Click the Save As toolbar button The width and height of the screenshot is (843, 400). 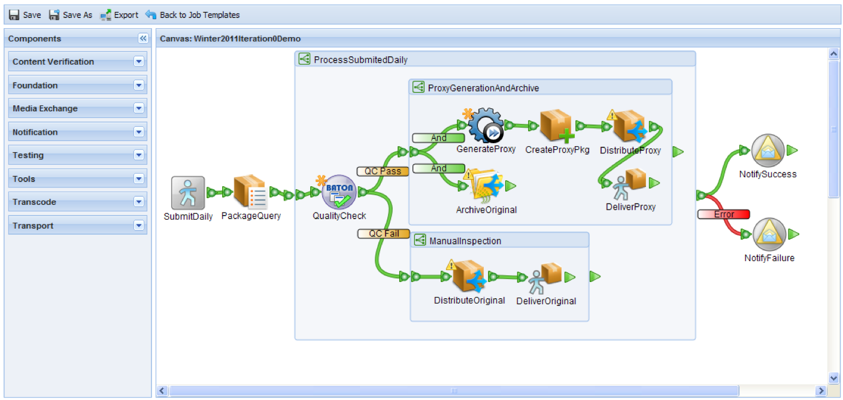[71, 15]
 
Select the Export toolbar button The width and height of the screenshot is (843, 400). [119, 15]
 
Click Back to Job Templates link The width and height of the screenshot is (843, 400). [193, 15]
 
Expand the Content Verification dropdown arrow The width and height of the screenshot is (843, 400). [139, 61]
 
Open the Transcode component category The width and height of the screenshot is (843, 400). [77, 202]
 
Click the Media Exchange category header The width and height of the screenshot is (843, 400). [77, 108]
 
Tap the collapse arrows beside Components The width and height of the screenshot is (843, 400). [143, 38]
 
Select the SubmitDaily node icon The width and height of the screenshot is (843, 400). [188, 193]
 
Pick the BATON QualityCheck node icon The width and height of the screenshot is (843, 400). [339, 192]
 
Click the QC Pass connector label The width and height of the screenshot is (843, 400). [383, 171]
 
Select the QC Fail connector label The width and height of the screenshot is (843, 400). [383, 234]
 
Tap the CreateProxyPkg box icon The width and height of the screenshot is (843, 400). [556, 126]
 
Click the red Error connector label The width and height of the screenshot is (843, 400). [724, 214]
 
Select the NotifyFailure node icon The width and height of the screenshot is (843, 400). [768, 234]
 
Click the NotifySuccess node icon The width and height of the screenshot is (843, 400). [768, 150]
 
